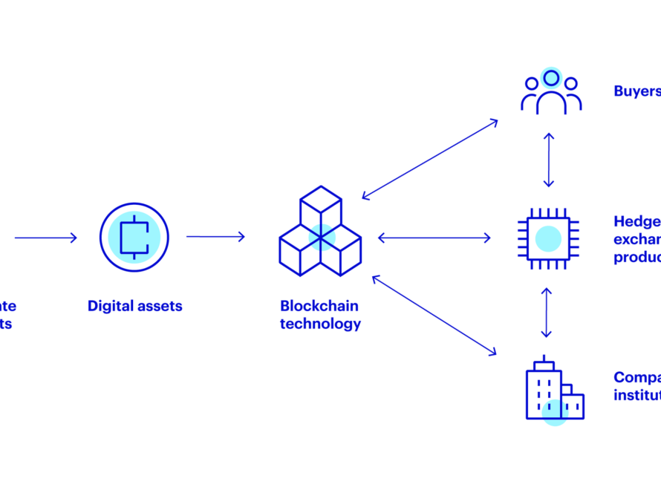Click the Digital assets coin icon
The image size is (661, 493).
click(134, 238)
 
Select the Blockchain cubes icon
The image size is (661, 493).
click(320, 232)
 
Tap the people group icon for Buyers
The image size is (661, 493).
click(550, 92)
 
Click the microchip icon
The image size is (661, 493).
click(548, 238)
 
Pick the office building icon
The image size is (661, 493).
click(553, 392)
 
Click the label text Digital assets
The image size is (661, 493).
click(134, 306)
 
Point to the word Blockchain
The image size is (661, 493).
click(319, 306)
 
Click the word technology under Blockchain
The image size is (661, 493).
click(320, 324)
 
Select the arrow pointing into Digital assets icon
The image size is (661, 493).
click(45, 238)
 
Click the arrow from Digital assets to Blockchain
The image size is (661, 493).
click(215, 237)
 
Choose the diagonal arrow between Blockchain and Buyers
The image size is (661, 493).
click(429, 159)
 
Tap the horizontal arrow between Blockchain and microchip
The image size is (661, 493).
click(434, 238)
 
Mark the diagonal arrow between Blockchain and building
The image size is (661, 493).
click(434, 314)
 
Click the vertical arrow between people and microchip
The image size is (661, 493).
click(548, 160)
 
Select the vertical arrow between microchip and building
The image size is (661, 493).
click(548, 312)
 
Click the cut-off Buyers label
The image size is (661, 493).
click(636, 91)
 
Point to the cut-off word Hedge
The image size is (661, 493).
click(636, 221)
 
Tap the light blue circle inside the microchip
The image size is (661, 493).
click(548, 238)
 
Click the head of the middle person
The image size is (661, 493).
click(550, 77)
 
